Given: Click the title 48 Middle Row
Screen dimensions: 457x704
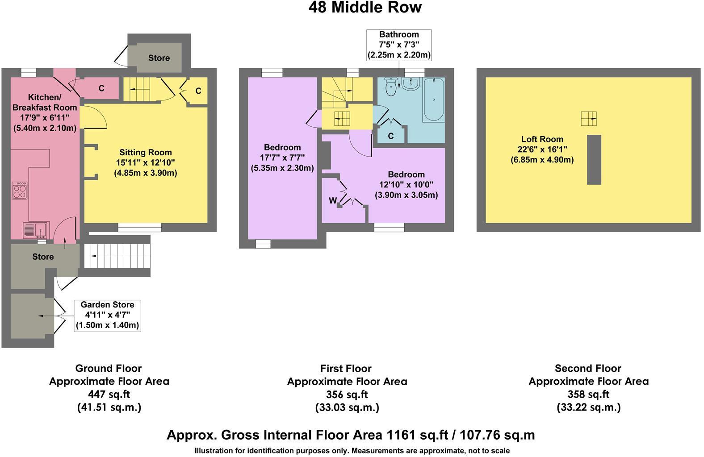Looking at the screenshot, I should (x=365, y=8).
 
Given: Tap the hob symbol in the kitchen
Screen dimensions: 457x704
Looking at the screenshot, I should (x=20, y=191).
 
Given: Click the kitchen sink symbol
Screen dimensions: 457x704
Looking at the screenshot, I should (x=36, y=230).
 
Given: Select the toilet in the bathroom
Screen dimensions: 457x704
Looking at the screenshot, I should (x=391, y=86).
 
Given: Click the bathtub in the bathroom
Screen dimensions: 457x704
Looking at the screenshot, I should (x=433, y=100).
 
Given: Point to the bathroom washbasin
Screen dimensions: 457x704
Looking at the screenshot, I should (x=411, y=84).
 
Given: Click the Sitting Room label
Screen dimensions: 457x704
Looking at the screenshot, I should (x=145, y=152).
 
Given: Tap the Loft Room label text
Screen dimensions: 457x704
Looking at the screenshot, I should (x=542, y=139).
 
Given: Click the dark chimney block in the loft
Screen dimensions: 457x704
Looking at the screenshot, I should (x=594, y=159).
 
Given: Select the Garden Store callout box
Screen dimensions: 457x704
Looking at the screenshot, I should (x=107, y=315).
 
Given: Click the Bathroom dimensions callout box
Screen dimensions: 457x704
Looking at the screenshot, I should (x=399, y=45).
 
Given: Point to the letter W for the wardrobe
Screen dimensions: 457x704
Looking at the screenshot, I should (x=333, y=201).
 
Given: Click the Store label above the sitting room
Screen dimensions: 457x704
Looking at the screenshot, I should (x=159, y=58).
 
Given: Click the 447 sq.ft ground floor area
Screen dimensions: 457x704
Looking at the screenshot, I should (x=109, y=395).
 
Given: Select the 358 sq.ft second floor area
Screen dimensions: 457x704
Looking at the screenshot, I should (x=588, y=395).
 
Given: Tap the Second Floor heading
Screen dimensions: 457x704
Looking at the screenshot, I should (x=588, y=369).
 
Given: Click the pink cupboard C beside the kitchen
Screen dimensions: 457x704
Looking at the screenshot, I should (x=101, y=88).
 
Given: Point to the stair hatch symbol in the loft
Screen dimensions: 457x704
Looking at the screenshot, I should (x=589, y=119).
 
